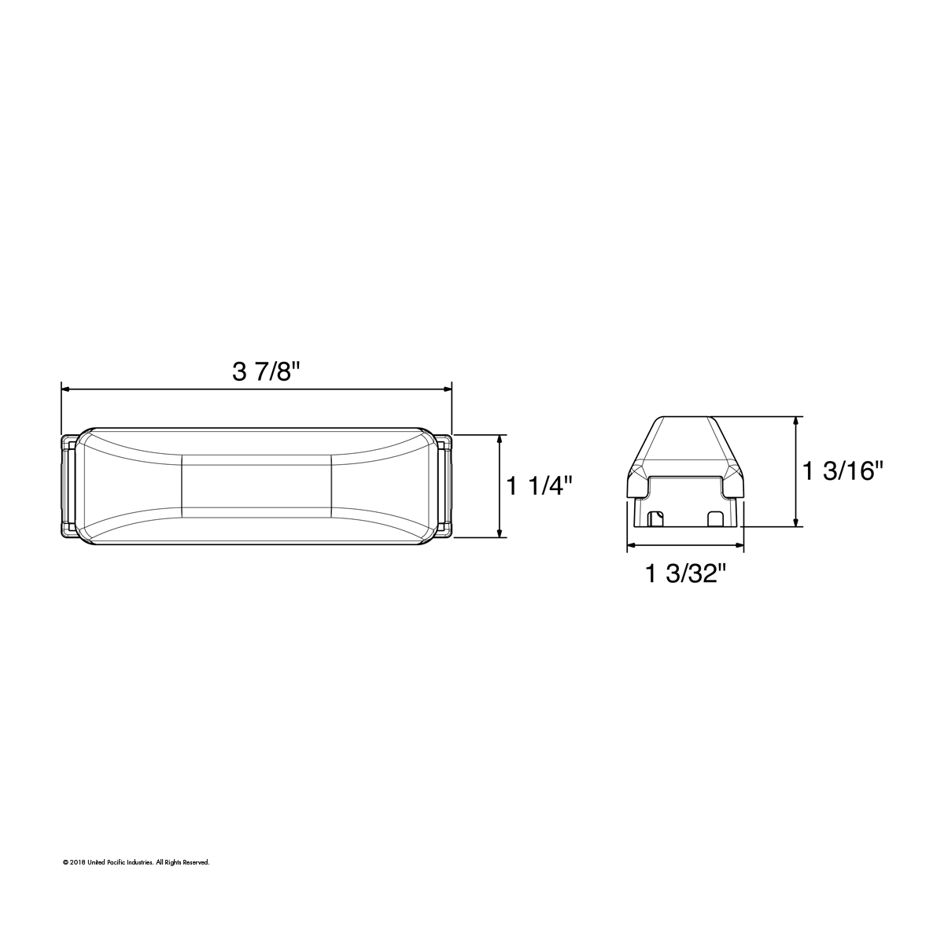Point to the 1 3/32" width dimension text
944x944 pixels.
point(684,575)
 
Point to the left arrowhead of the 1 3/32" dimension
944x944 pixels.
point(630,545)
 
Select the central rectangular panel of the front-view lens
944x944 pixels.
point(256,485)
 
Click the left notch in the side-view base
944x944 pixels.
point(655,519)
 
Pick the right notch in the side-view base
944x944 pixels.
point(716,519)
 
